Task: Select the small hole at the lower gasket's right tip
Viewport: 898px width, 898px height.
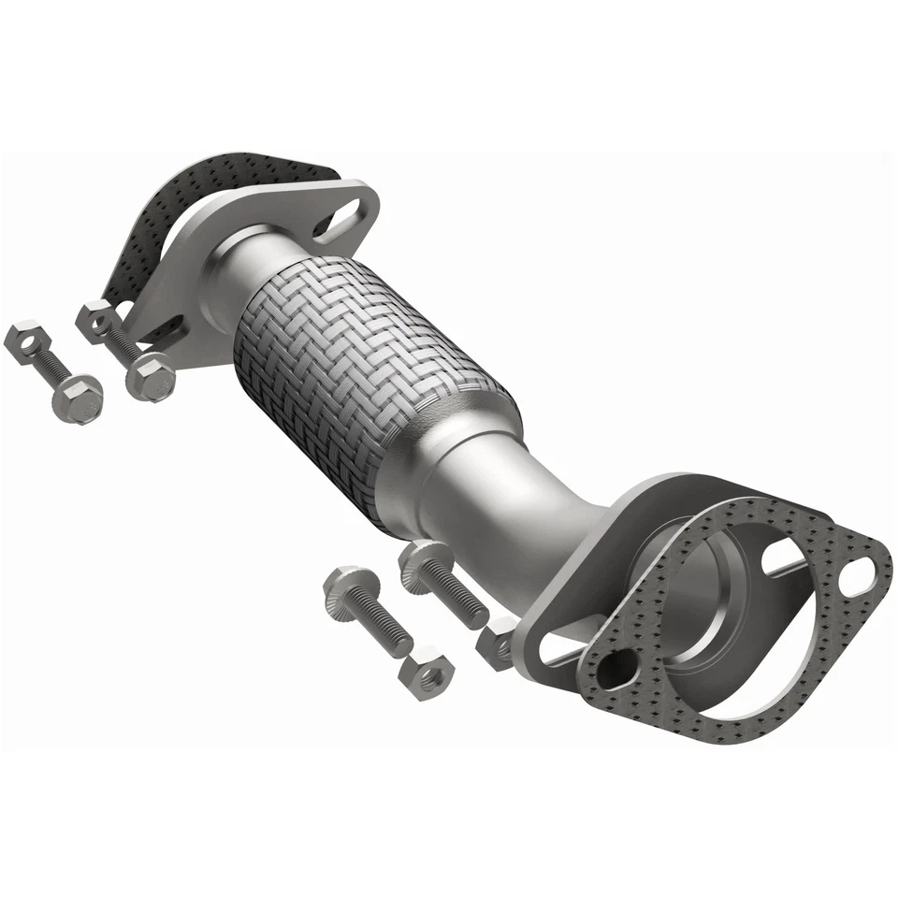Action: (x=858, y=575)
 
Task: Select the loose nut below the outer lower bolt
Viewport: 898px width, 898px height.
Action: (x=427, y=672)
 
